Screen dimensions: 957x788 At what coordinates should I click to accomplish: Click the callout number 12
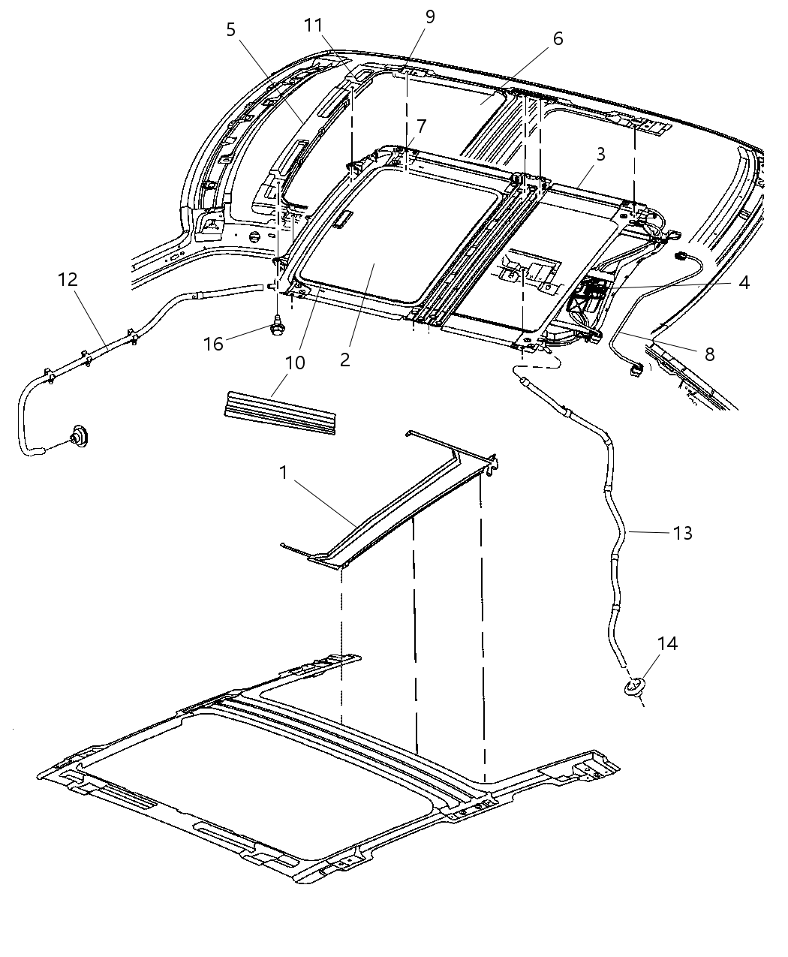(67, 279)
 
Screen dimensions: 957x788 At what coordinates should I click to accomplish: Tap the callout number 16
(214, 343)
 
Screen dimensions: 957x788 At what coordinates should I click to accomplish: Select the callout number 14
(667, 643)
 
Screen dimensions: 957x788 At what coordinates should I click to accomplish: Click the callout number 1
(283, 472)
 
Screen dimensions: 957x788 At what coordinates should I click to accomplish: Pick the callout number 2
(344, 359)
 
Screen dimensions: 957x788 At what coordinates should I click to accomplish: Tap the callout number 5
(230, 29)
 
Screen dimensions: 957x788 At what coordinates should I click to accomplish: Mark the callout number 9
(429, 17)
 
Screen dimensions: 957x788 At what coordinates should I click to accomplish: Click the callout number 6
(558, 38)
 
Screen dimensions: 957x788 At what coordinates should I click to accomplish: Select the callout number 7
(420, 125)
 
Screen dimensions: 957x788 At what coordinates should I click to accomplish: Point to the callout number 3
(600, 155)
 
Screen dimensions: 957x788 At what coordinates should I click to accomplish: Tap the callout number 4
(743, 282)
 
